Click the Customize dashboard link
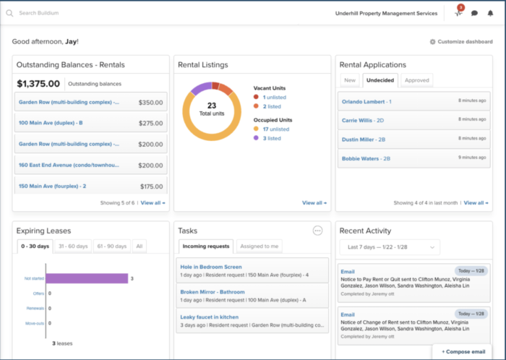461,42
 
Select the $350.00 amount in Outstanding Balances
150,103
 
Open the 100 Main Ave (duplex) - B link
51,123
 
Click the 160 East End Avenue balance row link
69,165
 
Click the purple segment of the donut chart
202,87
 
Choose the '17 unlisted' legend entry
276,129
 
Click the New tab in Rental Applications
350,80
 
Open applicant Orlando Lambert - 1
366,101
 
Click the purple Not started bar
87,278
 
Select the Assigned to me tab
260,247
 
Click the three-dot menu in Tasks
317,231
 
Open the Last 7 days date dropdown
389,247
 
